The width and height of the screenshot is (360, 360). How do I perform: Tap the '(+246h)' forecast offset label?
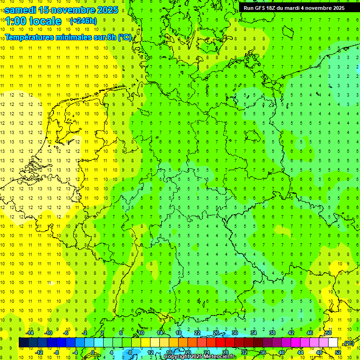83,21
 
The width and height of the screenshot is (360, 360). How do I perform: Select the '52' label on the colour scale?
338,352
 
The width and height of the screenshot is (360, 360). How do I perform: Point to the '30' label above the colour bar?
235,333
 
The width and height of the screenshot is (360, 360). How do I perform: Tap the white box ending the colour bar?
333,343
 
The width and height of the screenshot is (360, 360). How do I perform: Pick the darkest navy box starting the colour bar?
24,343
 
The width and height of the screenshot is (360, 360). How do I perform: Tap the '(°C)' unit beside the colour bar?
349,343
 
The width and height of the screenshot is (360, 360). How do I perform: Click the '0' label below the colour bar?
93,352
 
